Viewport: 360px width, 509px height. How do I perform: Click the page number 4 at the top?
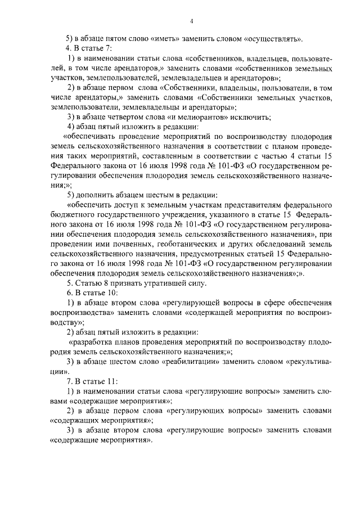pyautogui.click(x=191, y=21)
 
